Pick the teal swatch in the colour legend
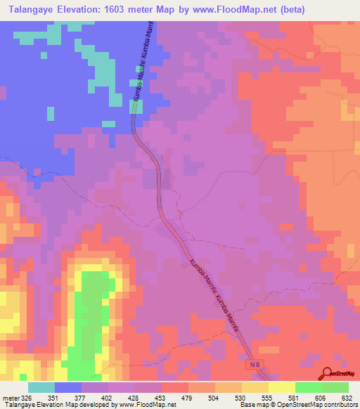(x=41, y=387)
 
